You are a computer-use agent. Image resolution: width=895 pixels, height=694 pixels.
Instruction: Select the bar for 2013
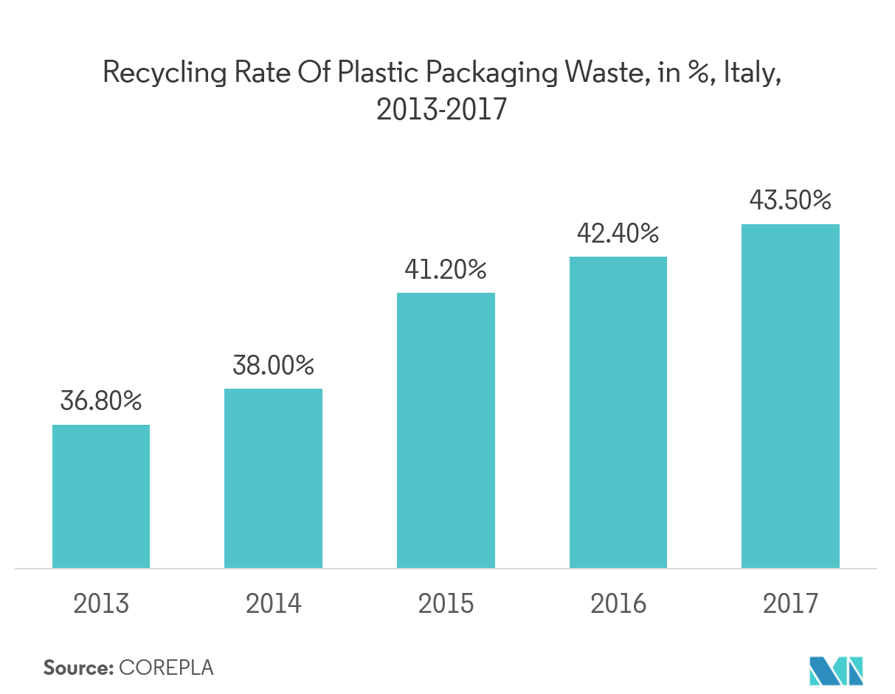101,496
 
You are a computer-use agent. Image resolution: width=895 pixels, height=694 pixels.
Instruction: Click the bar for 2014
273,478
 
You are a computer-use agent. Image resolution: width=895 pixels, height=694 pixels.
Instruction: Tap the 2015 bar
446,430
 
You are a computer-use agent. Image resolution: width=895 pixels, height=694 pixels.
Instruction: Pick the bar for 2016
618,412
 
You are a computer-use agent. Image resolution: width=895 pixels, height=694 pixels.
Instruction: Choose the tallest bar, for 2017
790,396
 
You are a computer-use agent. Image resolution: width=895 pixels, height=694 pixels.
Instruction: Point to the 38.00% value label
273,365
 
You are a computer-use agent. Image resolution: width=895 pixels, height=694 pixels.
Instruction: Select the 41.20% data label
446,270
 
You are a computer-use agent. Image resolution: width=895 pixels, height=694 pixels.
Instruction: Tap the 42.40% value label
618,234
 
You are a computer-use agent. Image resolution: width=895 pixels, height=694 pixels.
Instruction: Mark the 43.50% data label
790,201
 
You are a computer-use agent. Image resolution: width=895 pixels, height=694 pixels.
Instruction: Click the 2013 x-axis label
101,603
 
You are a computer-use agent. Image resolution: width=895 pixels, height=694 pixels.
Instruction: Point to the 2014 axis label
273,603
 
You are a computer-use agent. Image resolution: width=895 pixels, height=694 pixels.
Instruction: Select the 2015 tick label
446,603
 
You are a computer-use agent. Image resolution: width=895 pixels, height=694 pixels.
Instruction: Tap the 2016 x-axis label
618,603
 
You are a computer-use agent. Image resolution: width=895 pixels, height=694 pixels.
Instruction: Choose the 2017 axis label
790,603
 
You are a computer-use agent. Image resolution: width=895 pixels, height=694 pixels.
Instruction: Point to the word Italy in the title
751,74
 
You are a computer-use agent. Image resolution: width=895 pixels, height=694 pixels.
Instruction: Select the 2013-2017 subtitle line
441,110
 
